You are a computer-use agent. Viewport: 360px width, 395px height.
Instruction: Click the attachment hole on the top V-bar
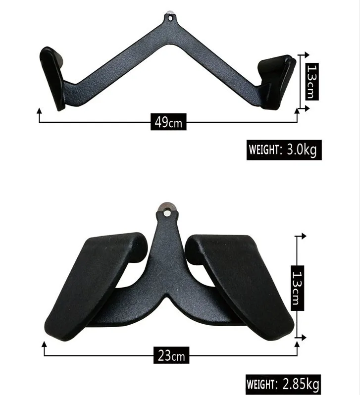pyautogui.click(x=171, y=18)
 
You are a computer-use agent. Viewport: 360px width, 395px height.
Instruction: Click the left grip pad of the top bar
pyautogui.click(x=52, y=77)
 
